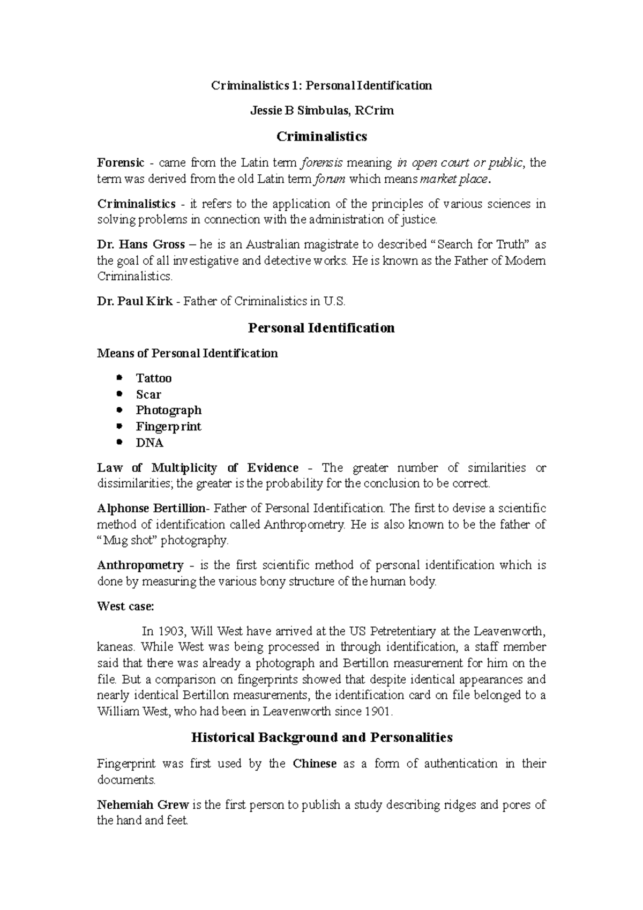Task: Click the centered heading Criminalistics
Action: click(x=322, y=137)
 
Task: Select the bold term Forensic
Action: click(x=121, y=162)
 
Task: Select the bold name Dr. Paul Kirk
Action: click(x=134, y=301)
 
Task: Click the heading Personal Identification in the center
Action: click(x=322, y=328)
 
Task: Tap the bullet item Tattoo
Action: click(x=154, y=378)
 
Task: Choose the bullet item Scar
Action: click(x=148, y=394)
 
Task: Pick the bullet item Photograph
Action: click(x=169, y=411)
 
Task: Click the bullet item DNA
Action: click(x=149, y=443)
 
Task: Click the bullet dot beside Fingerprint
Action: click(x=120, y=427)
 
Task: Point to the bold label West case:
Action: click(x=125, y=606)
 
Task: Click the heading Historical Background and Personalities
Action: click(x=322, y=737)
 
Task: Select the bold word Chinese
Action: click(x=315, y=764)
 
